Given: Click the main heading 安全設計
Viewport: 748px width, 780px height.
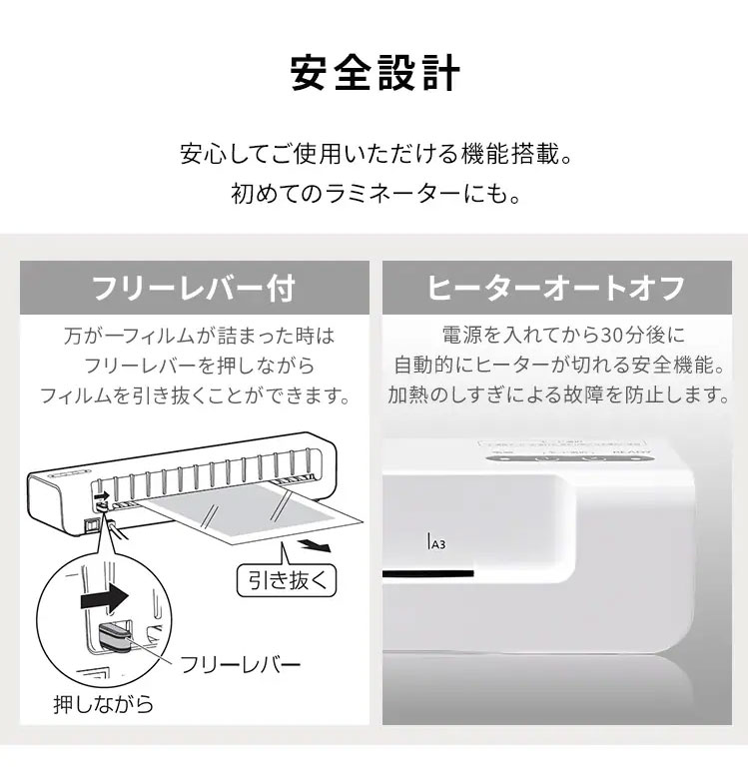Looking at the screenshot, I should (374, 75).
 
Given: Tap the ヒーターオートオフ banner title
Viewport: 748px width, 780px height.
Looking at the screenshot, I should (556, 289).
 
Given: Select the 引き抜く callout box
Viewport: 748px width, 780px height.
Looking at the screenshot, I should (286, 578).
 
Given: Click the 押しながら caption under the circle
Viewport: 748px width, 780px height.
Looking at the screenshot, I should (103, 705).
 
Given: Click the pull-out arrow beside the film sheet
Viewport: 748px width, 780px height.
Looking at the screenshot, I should (317, 546).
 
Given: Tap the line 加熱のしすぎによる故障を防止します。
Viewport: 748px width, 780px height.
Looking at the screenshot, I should (556, 394).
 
